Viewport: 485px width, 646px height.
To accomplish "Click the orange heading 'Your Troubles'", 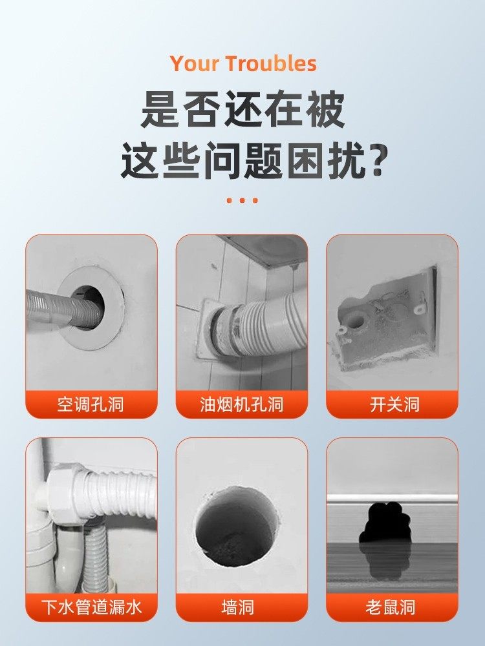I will (x=243, y=64).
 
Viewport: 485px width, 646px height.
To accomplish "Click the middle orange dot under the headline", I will (x=242, y=200).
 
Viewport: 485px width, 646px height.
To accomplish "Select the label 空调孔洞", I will (x=91, y=405).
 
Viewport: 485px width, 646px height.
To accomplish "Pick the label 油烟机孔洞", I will (x=242, y=405).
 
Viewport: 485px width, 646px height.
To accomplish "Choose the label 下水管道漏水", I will (x=91, y=607).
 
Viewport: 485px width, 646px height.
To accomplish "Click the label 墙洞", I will (x=242, y=607).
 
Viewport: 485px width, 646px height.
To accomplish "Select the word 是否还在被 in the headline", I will (x=242, y=110).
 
